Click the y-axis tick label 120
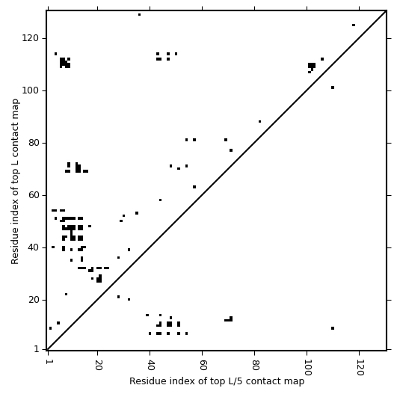coord(30,38)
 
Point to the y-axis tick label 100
coord(30,90)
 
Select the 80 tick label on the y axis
coord(33,143)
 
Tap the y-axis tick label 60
coord(33,195)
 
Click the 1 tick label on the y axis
coord(37,349)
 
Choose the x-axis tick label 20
coord(98,365)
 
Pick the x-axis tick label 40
coord(150,365)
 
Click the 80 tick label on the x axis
coord(255,365)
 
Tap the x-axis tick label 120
coord(360,367)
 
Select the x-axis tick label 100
coord(307,367)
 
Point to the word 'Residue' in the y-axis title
coord(15,249)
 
